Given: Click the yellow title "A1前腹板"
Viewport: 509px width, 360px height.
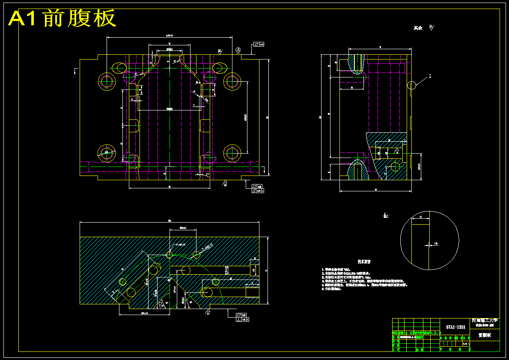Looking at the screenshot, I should [x=63, y=18].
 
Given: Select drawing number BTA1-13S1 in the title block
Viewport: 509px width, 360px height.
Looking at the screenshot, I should [x=455, y=327].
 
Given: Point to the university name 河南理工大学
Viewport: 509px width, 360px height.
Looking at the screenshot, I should [x=485, y=320].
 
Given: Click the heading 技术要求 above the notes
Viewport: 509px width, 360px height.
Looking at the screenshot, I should [x=364, y=261].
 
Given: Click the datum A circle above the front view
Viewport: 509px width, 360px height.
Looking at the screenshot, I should [x=238, y=50].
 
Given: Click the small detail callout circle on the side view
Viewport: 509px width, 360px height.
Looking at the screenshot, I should [x=411, y=85].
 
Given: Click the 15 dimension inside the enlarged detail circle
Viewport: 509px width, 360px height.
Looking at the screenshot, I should [x=420, y=217].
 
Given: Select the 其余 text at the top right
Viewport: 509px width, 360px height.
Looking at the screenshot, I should [x=418, y=28].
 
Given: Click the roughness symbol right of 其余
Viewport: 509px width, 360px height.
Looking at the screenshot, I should [x=431, y=28].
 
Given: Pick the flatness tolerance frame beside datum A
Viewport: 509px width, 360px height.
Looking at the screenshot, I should [x=259, y=44].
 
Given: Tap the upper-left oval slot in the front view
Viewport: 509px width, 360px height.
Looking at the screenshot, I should [x=119, y=67].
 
